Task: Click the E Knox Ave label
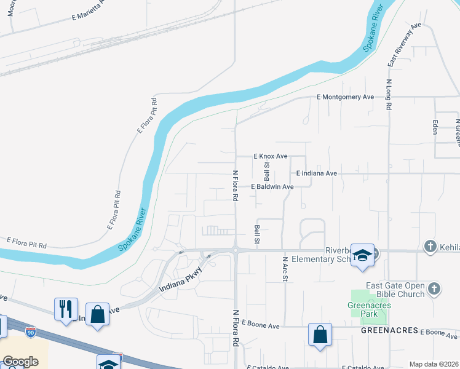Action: pos(271,157)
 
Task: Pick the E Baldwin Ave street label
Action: pos(272,186)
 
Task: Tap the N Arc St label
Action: pos(285,269)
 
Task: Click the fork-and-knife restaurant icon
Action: pos(66,309)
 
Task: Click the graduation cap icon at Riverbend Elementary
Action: pos(362,255)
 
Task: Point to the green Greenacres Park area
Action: pos(369,307)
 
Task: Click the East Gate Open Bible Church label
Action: pos(395,290)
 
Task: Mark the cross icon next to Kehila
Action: pos(429,247)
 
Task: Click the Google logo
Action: pos(20,362)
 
